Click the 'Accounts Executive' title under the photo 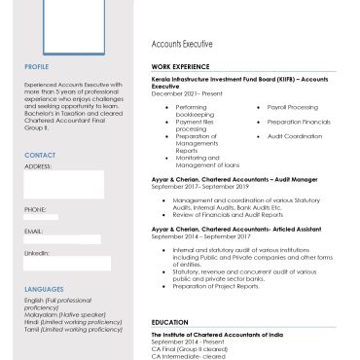pos(182,45)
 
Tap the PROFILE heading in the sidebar pos(36,66)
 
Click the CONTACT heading pos(39,155)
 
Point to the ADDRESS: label pos(38,166)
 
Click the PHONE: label pos(35,209)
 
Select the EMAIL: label pos(34,231)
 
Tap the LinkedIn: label pos(37,252)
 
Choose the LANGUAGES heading pos(44,289)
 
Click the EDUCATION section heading pos(169,321)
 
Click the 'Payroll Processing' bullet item pos(292,106)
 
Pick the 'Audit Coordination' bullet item pos(294,136)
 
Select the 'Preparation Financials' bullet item pos(299,122)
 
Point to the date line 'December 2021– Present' pos(187,93)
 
